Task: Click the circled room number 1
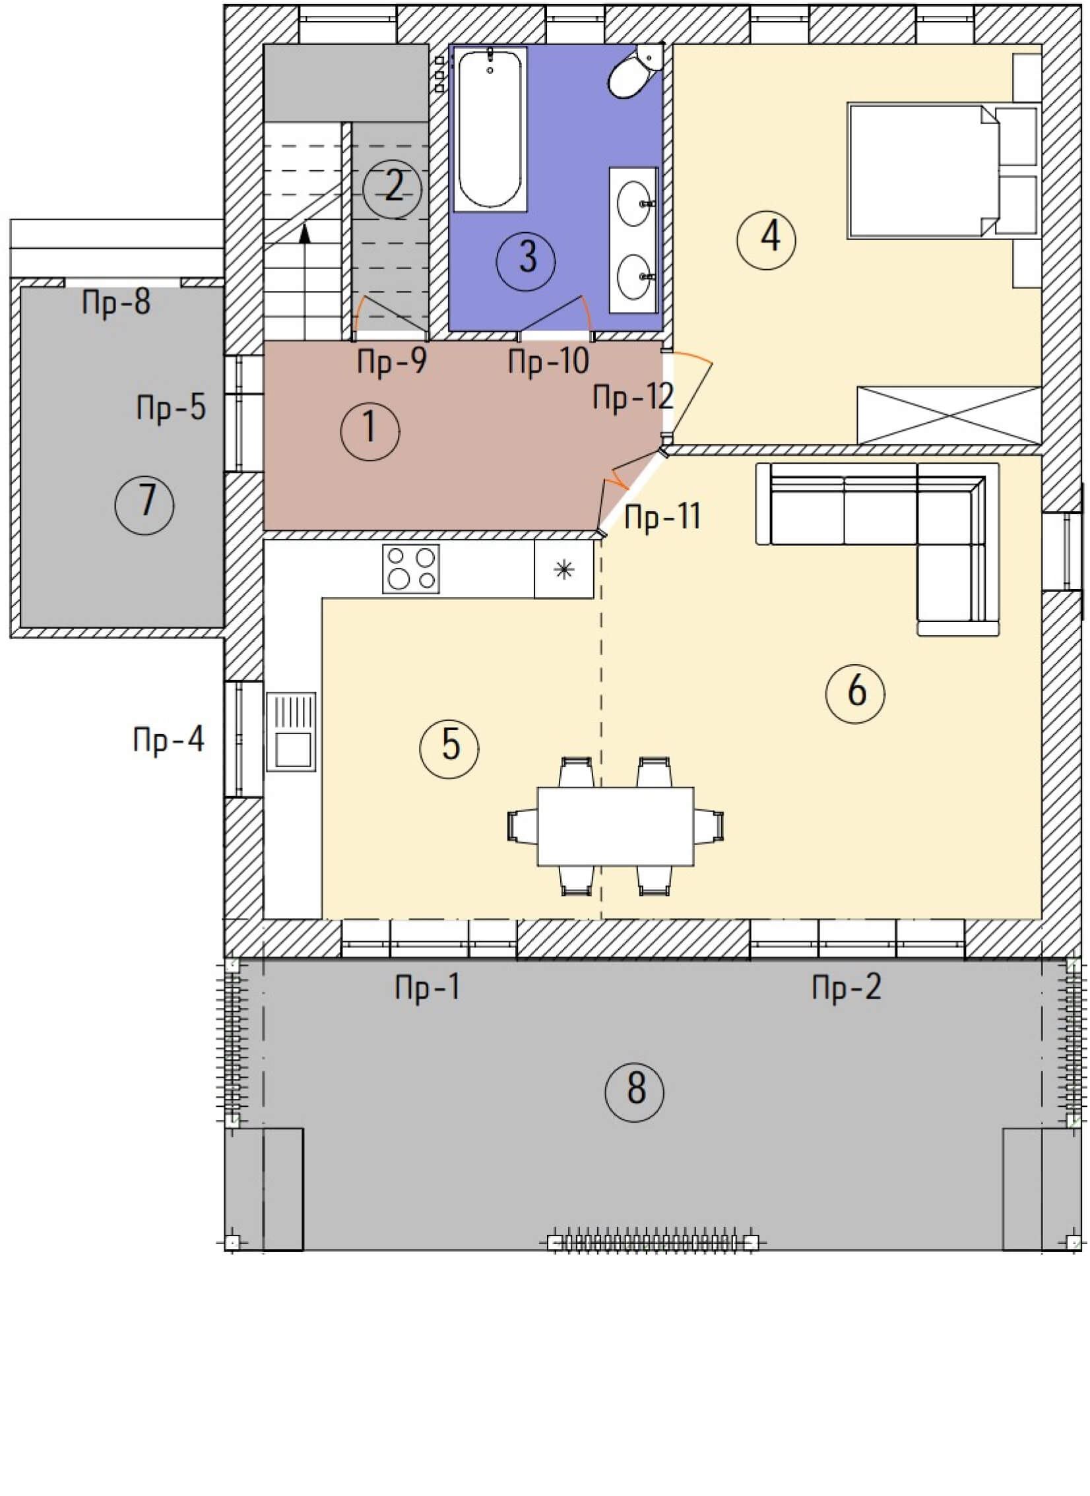coord(370,431)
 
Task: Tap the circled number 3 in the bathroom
coord(527,258)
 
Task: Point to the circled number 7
coord(144,505)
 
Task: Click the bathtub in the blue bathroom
coord(491,129)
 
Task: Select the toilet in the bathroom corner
coord(634,73)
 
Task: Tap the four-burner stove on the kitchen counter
coord(412,569)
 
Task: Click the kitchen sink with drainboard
coord(291,732)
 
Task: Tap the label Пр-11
coord(662,516)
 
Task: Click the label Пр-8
coord(116,302)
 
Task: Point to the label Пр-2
coord(847,988)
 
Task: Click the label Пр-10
coord(549,361)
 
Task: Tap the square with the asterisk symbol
coord(564,570)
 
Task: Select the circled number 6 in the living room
coord(856,691)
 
